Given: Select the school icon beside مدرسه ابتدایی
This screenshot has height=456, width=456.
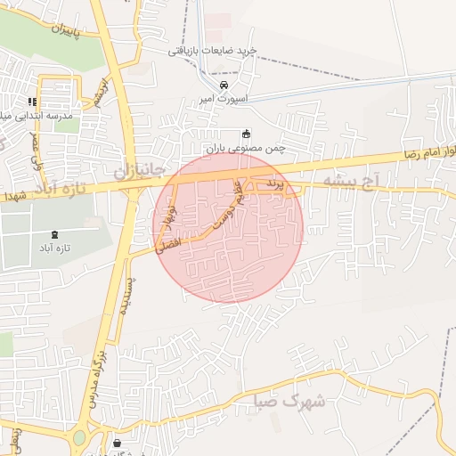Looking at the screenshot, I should pos(33,102).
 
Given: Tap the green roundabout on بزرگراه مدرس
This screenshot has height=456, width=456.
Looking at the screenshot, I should pos(80,437).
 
